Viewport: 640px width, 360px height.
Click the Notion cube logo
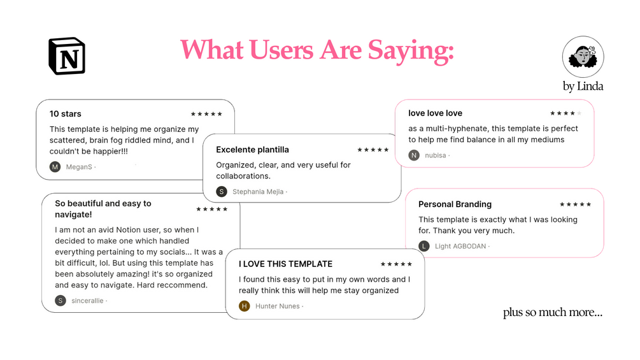(x=66, y=56)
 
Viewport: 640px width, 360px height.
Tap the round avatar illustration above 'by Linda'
(x=583, y=57)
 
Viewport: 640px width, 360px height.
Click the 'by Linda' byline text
(x=583, y=86)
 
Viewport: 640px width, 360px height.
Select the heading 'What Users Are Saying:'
(x=317, y=50)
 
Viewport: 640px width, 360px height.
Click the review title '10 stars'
(x=66, y=114)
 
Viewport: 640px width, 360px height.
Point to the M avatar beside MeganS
(x=55, y=166)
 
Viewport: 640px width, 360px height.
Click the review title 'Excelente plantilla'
(x=252, y=150)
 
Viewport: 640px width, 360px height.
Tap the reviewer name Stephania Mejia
(x=258, y=191)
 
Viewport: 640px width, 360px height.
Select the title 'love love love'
(x=435, y=113)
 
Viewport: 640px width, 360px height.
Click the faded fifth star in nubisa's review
(x=579, y=113)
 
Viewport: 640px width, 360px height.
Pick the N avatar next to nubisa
(x=414, y=155)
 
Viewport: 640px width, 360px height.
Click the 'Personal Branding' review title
(x=455, y=204)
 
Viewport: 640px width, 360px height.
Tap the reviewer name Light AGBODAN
(x=460, y=246)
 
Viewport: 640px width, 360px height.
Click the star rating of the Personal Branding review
(x=575, y=204)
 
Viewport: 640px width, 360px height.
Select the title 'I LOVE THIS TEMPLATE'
(x=285, y=264)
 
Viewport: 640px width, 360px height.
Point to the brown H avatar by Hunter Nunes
(x=244, y=306)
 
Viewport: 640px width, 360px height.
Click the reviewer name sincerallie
(x=87, y=301)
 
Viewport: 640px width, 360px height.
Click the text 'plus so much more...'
(x=552, y=312)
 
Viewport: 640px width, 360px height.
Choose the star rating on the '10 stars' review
(x=206, y=114)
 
